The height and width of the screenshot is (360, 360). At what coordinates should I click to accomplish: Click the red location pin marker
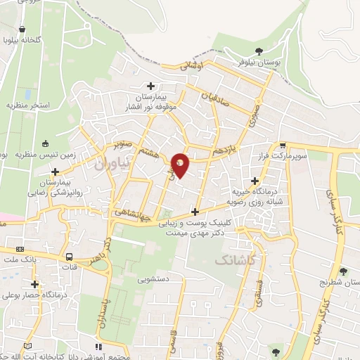tap(181, 165)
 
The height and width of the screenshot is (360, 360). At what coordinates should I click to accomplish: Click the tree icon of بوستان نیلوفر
tap(259, 51)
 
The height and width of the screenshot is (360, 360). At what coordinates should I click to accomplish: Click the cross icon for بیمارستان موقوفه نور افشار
tap(150, 86)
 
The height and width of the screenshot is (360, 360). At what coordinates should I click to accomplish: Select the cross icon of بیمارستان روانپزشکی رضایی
tap(55, 172)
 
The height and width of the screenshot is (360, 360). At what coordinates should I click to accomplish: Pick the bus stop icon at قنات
tap(69, 257)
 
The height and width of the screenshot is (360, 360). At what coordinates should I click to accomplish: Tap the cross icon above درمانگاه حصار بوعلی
tap(34, 285)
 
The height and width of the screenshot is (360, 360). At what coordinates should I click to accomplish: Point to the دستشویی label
tap(155, 279)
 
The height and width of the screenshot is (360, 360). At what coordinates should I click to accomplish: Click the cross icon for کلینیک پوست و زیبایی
tap(195, 212)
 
